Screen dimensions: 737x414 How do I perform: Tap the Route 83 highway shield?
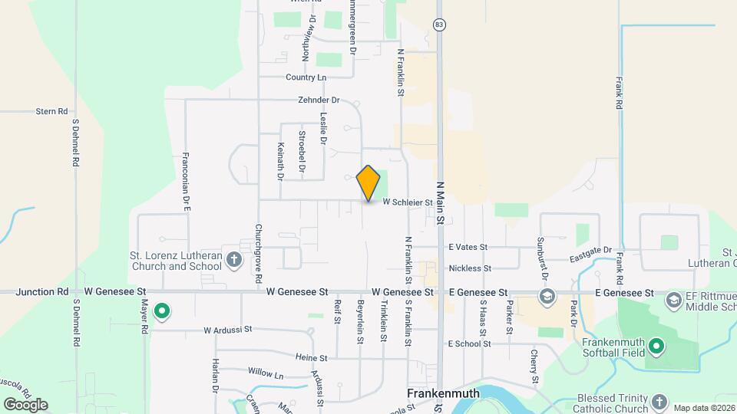point(438,25)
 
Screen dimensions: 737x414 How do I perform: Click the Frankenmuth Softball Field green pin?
point(656,347)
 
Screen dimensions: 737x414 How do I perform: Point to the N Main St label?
point(441,202)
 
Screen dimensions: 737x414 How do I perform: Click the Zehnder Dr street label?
point(319,100)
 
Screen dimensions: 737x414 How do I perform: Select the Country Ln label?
point(306,77)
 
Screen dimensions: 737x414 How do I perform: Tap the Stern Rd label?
point(52,111)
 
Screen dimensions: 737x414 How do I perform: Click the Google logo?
point(25,404)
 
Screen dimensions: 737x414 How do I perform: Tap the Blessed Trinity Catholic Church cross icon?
point(659,402)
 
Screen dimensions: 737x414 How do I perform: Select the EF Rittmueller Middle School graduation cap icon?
point(675,299)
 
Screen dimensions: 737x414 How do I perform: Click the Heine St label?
point(311,357)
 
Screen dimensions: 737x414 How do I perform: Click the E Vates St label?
point(468,247)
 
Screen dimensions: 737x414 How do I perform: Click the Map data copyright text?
point(703,407)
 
